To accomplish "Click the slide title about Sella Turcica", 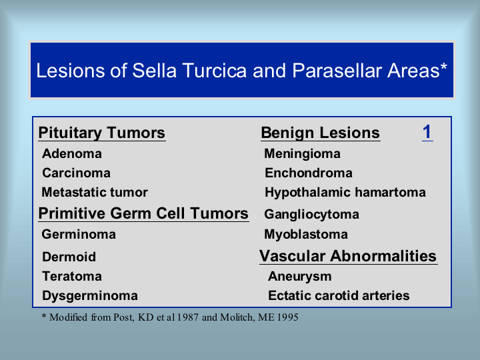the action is pos(241,71).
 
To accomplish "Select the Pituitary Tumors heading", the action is pos(101,133).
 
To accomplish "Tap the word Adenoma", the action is pos(72,154).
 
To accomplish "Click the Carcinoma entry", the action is pos(76,173).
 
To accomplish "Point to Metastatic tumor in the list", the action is pos(95,192).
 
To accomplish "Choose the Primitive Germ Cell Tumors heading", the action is pos(143,213).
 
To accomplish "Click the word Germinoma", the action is pos(79,235).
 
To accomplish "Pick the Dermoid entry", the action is pos(69,257).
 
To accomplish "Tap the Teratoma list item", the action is pos(72,276).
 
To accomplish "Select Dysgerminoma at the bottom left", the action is pos(90,296).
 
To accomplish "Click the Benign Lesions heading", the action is pos(320,133).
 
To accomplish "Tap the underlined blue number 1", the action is pos(427,132).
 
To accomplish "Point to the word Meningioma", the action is pos(302,154).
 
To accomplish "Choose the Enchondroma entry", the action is pos(309,173).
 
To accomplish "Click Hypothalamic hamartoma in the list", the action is pos(345,193).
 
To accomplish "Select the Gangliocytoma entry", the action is pos(311,215).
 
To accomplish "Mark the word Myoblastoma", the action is pos(306,235).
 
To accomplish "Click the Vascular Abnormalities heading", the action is pos(348,256).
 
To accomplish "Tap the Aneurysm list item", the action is pos(300,277).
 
